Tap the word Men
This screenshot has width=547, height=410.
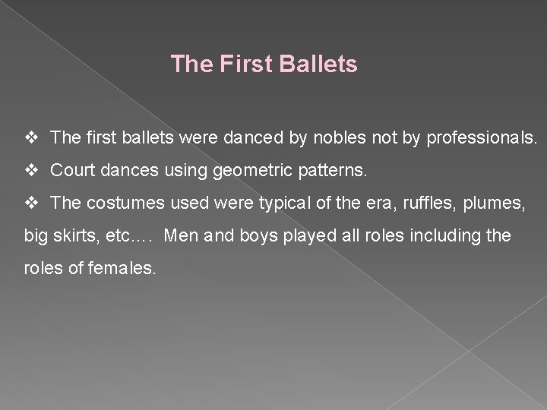tap(180, 237)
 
